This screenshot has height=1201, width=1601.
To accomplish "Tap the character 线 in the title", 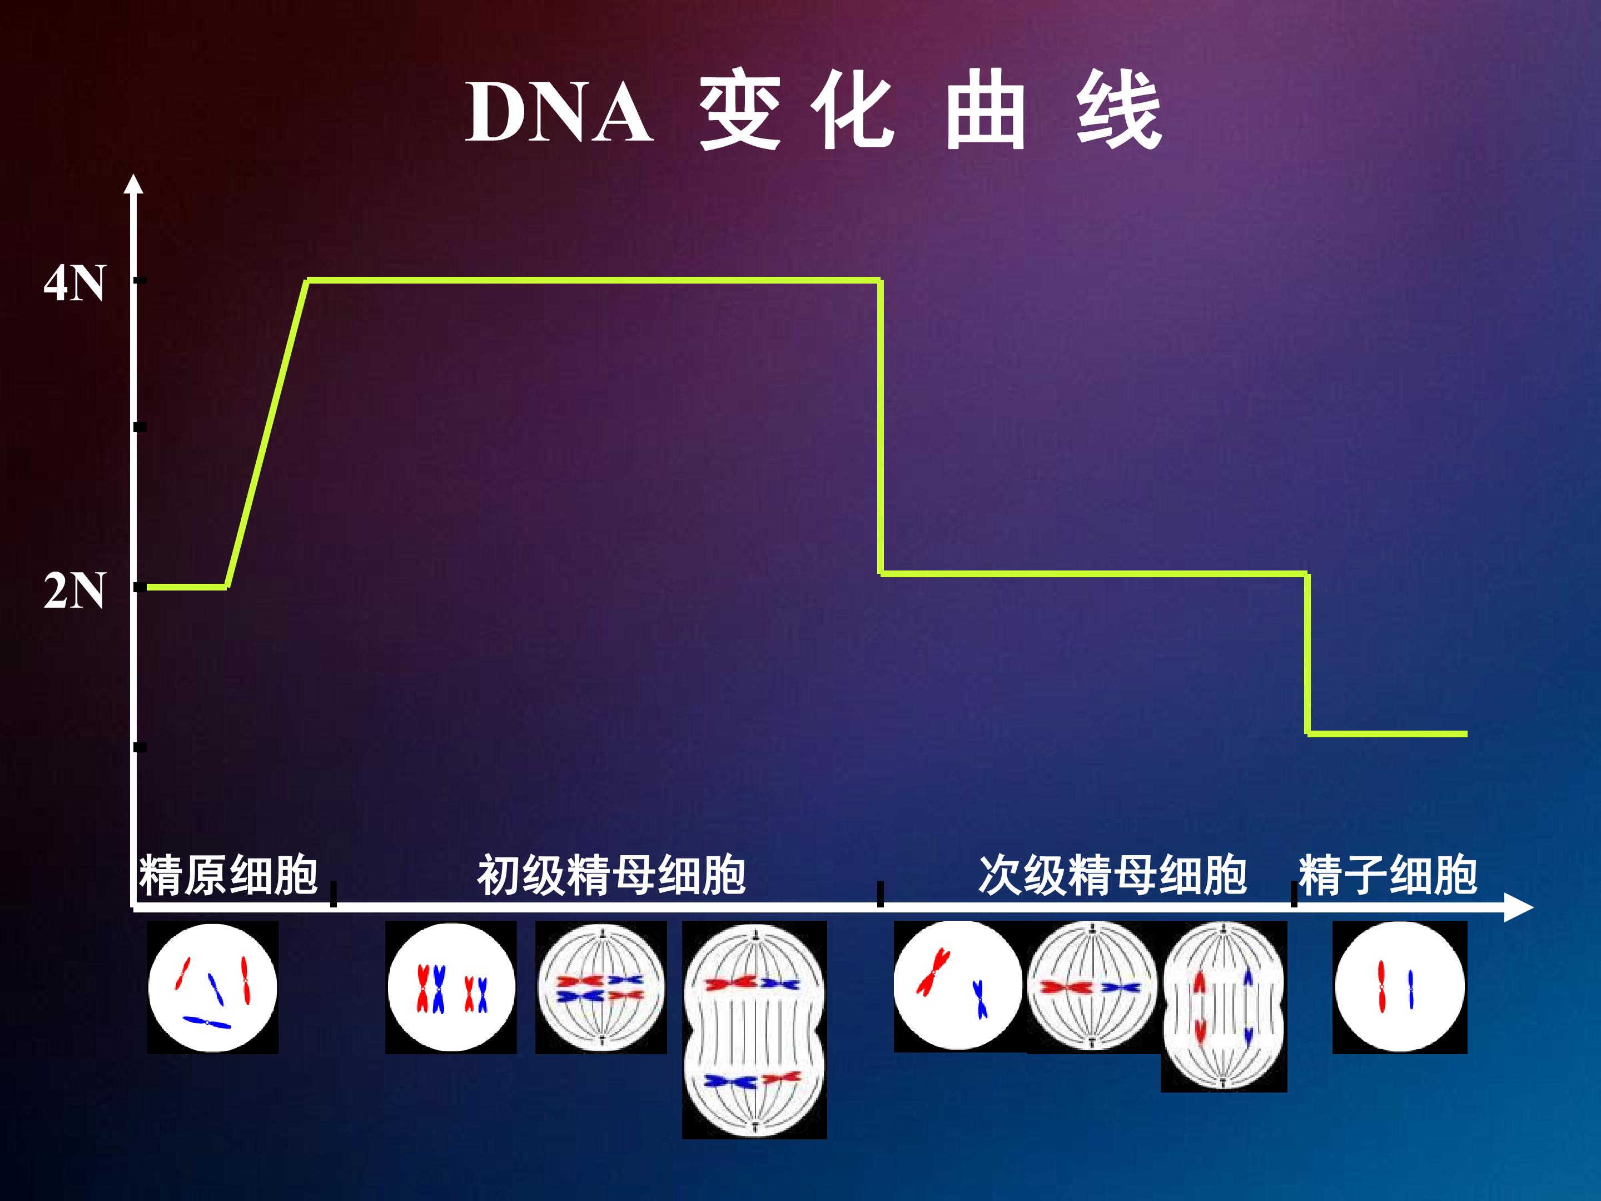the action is tap(1119, 113).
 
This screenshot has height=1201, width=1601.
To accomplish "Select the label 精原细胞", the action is tap(228, 875).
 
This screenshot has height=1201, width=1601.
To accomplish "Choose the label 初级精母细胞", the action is tap(611, 875).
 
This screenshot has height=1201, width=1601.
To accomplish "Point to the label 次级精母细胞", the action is tap(1112, 875).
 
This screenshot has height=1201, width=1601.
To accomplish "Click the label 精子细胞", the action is tap(1388, 875).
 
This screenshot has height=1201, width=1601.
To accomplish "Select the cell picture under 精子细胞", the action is tap(1400, 987).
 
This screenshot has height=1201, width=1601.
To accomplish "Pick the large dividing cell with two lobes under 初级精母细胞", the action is tap(754, 1029).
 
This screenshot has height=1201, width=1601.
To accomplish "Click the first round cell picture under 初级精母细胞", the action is tap(451, 987).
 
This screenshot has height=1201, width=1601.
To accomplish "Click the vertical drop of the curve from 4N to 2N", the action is tap(881, 427).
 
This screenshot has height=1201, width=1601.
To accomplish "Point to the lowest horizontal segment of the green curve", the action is tap(1388, 734).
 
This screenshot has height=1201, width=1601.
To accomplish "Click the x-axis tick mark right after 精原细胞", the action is tap(333, 894).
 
